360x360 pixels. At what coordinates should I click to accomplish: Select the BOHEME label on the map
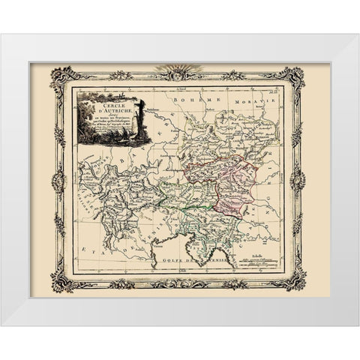[190, 99]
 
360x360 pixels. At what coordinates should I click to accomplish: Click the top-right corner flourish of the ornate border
[298, 77]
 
